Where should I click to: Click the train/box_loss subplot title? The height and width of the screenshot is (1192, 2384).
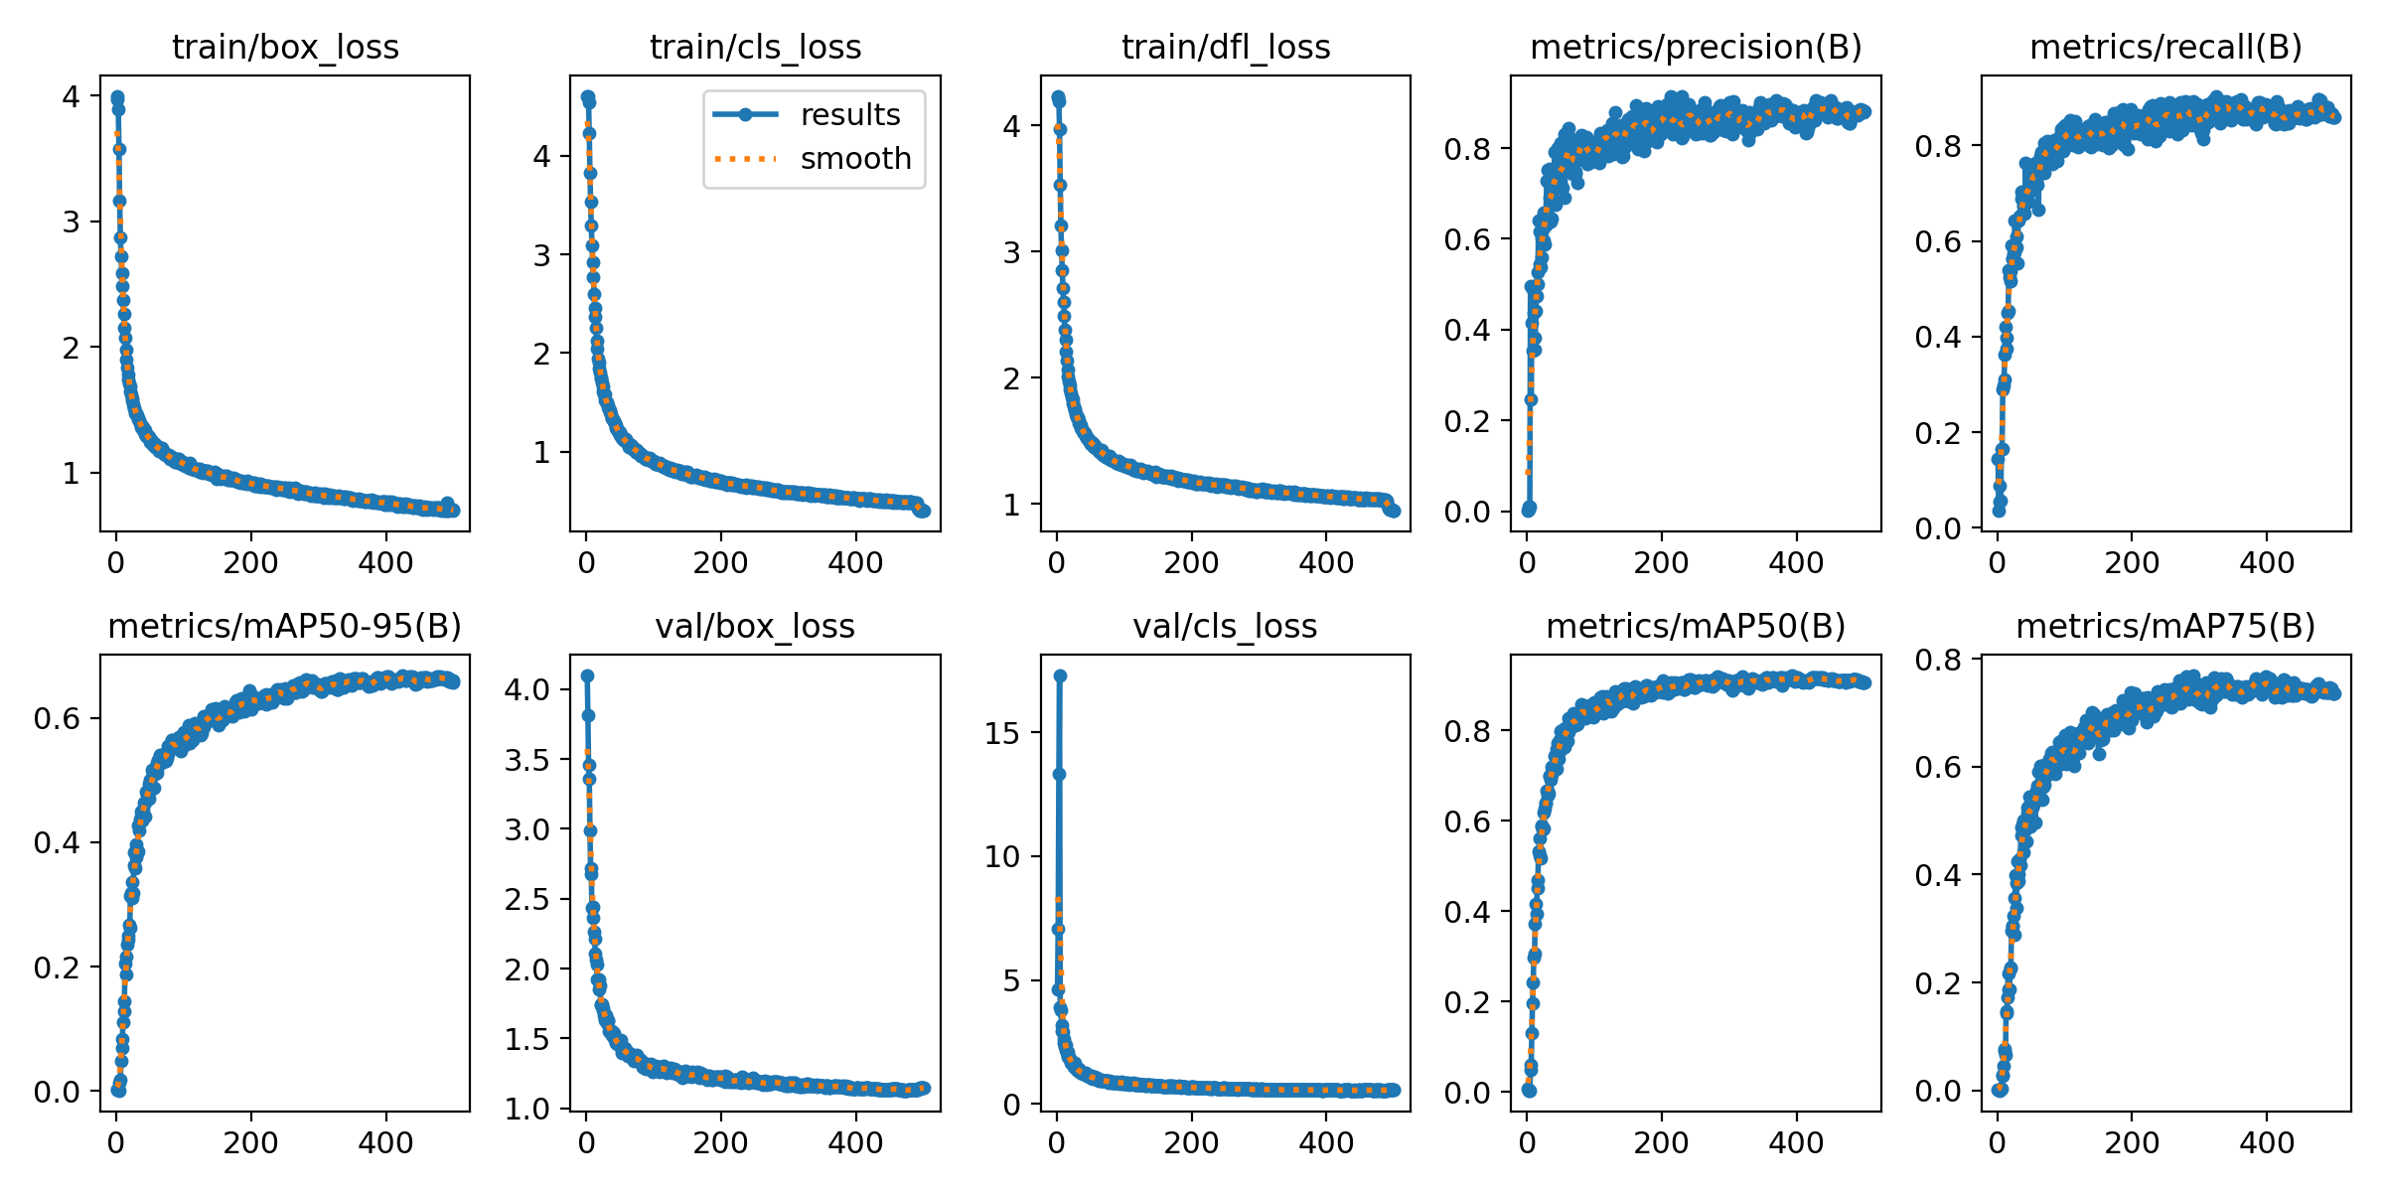pos(285,47)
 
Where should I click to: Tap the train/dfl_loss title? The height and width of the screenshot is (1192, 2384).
pos(1226,47)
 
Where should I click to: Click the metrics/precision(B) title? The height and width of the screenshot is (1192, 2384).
pos(1696,47)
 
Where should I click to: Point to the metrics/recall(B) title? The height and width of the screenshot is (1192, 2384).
pos(2165,47)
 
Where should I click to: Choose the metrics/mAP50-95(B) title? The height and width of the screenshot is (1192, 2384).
pos(285,626)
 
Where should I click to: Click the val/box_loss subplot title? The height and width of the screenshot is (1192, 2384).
pos(755,626)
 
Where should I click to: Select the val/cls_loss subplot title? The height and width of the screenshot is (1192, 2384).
pos(1226,626)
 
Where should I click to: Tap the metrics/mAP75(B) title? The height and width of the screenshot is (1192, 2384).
pos(2165,626)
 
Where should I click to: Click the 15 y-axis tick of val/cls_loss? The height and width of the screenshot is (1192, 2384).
pos(1003,733)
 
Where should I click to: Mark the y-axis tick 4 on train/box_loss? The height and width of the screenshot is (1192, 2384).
pos(71,96)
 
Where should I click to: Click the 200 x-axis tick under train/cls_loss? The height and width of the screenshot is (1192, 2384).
pos(720,563)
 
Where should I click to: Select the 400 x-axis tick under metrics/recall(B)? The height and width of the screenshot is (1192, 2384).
pos(2267,563)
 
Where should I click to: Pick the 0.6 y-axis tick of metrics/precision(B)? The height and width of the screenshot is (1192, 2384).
pos(1467,239)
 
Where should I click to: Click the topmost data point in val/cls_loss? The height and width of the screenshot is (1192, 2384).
pos(1060,675)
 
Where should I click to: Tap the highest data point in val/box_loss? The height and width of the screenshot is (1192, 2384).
pos(587,675)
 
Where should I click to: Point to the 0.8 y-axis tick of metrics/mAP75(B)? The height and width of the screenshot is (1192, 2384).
pos(1938,659)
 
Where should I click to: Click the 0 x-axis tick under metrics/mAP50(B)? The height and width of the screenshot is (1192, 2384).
pos(1527,1142)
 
